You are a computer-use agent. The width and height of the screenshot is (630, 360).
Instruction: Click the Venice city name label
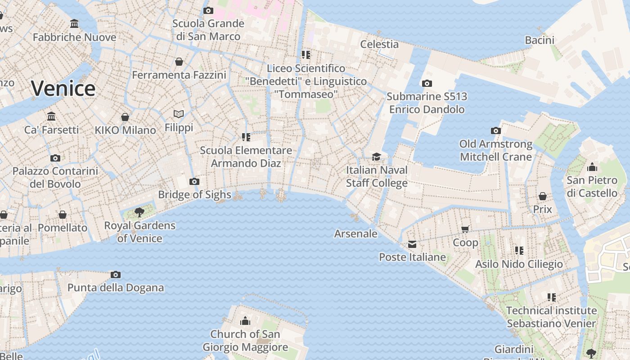pos(63,88)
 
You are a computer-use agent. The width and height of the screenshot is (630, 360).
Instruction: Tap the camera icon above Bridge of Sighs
pos(194,182)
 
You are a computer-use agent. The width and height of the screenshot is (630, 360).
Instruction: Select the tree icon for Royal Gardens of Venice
pos(139,212)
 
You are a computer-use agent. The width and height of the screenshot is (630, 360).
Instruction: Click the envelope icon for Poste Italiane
pos(412,244)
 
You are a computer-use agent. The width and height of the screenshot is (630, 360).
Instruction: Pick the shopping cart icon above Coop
pos(465,229)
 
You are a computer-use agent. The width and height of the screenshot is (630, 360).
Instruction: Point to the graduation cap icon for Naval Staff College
pos(376,157)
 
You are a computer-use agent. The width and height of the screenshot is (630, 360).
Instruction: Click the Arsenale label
pos(355,234)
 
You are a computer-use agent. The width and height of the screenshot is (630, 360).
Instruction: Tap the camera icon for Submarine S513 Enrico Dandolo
pos(427,83)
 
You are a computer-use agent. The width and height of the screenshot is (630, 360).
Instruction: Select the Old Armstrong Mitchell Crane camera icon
pos(496,131)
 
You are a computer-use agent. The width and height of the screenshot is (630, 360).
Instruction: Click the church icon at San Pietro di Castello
pos(592,167)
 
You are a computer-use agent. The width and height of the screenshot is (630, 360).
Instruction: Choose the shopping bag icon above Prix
pos(543,197)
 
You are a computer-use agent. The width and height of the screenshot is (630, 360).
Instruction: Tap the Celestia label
pos(379,44)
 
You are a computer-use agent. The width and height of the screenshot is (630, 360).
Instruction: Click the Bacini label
pos(540,40)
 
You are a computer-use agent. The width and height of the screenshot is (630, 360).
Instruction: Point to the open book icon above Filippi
pos(179,114)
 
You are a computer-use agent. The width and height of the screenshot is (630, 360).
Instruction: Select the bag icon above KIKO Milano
pos(125,117)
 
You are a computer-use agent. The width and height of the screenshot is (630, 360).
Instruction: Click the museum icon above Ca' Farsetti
pos(51,117)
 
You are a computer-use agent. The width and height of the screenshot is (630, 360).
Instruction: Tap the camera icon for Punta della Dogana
pos(116,274)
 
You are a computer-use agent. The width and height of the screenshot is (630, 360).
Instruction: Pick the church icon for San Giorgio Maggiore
pos(245,321)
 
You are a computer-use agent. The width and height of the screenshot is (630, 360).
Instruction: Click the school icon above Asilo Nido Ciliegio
pos(519,251)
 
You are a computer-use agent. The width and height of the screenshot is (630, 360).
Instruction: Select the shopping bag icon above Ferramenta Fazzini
pos(179,62)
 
